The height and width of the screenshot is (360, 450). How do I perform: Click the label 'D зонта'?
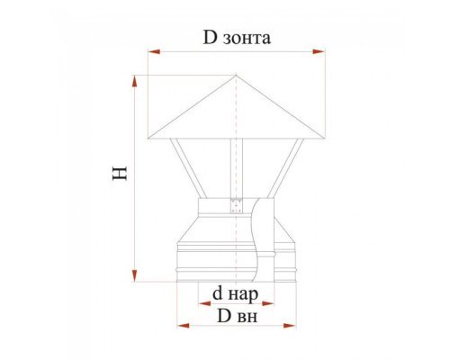point(237,38)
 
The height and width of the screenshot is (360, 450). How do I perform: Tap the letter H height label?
point(120,173)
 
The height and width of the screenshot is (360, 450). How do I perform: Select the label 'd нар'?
point(235,294)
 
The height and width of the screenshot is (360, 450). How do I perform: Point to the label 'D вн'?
point(237,316)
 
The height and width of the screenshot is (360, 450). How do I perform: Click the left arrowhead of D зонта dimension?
point(154,52)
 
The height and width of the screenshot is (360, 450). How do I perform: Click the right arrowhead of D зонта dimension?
point(319,52)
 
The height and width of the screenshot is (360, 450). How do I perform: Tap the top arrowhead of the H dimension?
point(135,82)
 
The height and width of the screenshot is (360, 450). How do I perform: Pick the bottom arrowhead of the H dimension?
point(135,275)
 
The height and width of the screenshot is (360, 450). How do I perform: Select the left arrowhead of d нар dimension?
point(204,304)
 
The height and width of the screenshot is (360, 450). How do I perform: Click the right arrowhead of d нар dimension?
point(268,304)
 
